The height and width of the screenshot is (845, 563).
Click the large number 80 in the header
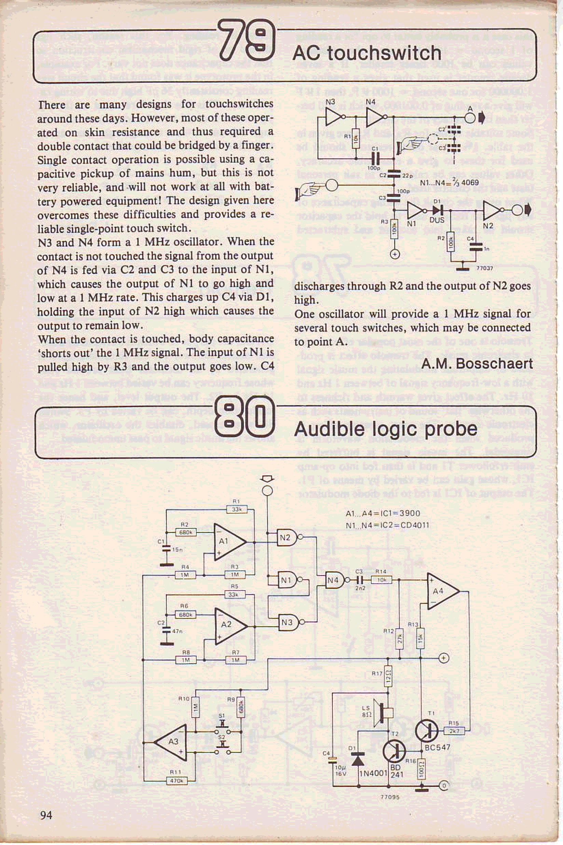tap(245, 418)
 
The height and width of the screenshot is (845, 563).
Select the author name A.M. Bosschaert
tap(477, 364)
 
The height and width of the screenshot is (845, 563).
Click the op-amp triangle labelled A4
tap(441, 591)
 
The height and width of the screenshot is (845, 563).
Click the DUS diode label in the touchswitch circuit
tap(437, 220)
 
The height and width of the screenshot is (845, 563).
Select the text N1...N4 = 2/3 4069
tap(449, 182)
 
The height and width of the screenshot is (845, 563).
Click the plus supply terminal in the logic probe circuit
tap(444, 658)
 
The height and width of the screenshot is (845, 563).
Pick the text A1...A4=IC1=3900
tap(382, 513)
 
